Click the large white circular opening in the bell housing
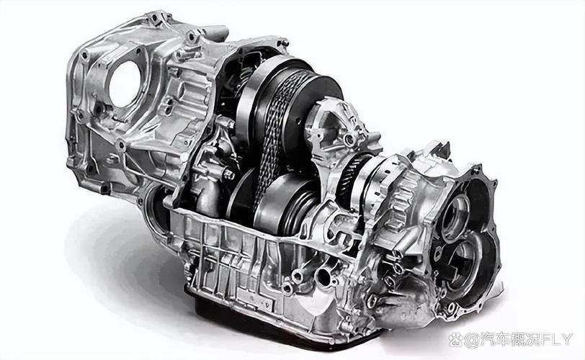tap(125, 84)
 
